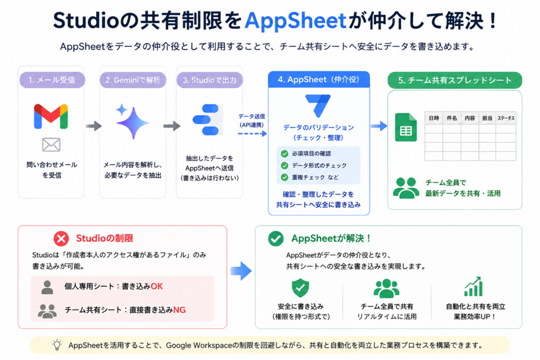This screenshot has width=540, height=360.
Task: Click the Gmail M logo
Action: [x=51, y=116]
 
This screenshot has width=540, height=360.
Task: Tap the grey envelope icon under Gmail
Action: [x=51, y=145]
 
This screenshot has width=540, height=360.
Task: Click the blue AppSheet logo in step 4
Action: [x=318, y=105]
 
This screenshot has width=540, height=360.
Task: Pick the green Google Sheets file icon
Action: [x=406, y=128]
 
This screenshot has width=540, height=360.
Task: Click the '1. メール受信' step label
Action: [x=52, y=80]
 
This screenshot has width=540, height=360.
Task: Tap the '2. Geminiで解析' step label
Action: [x=132, y=80]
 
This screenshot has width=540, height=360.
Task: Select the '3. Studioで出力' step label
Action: [x=209, y=80]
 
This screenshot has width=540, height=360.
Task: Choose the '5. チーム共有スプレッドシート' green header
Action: [x=455, y=80]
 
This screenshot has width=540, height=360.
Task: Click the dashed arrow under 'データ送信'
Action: [x=253, y=133]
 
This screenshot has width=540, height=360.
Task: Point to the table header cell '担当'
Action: [x=487, y=118]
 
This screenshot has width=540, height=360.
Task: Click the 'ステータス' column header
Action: [x=506, y=118]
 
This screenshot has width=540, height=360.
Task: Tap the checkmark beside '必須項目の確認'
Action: [x=284, y=153]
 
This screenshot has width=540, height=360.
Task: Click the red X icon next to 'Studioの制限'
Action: [x=61, y=239]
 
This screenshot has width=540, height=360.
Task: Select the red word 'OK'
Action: [x=157, y=286]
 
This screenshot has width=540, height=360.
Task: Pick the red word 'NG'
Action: [x=179, y=310]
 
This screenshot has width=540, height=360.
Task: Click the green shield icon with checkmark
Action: [x=300, y=288]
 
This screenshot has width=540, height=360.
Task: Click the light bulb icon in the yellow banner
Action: [x=57, y=345]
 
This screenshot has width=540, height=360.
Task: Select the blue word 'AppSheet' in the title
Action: [x=295, y=21]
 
